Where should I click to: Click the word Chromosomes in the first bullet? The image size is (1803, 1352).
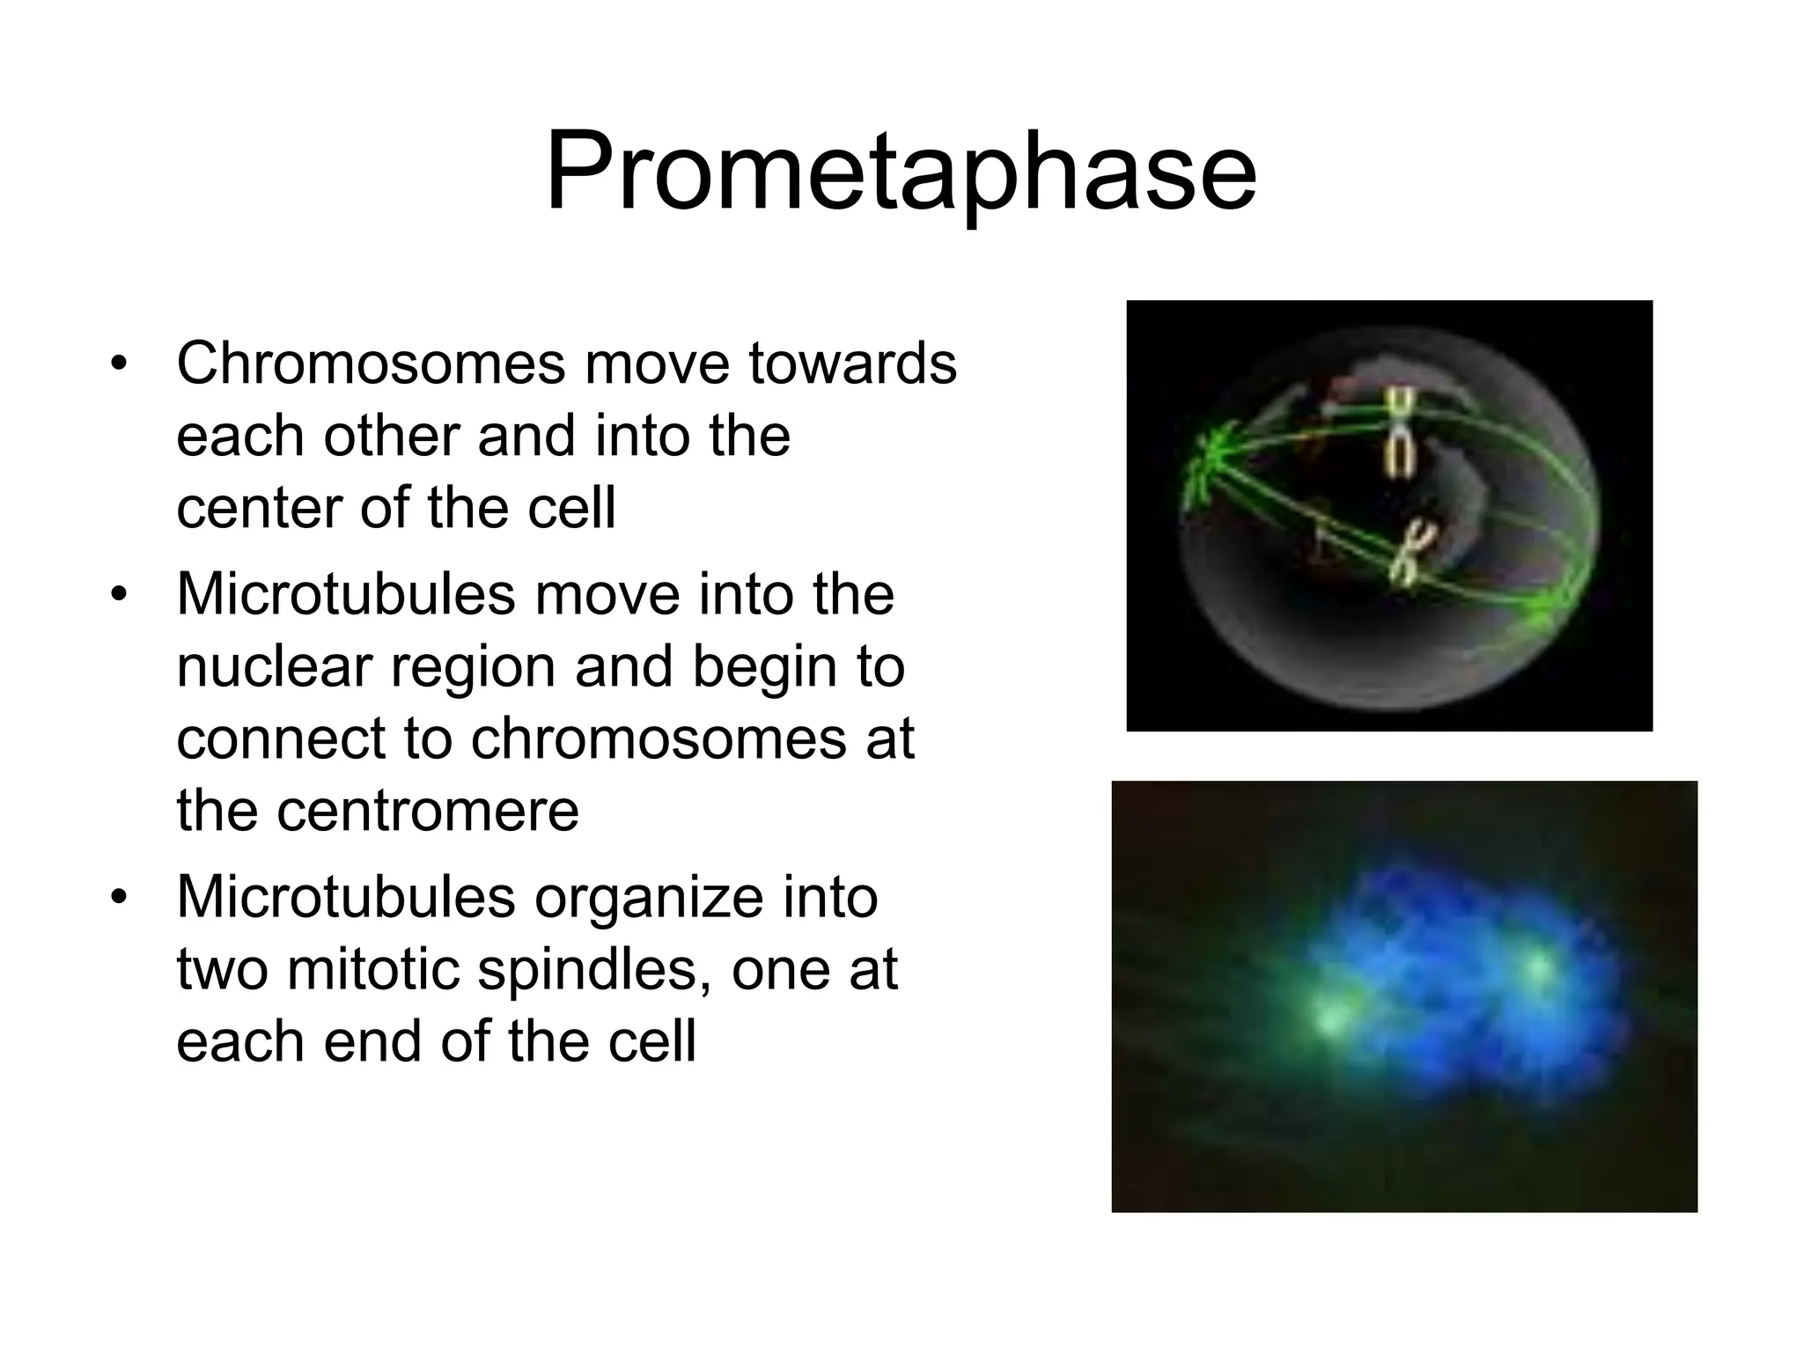coord(370,364)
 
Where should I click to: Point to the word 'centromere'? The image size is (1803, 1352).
coord(428,812)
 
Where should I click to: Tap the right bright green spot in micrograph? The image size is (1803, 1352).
coord(1539,968)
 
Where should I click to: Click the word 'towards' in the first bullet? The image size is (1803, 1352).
coord(852,364)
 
